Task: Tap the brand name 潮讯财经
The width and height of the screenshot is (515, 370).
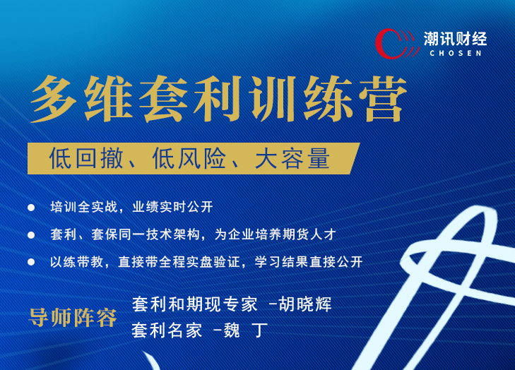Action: (x=455, y=37)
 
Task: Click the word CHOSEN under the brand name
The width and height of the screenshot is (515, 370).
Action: (x=455, y=53)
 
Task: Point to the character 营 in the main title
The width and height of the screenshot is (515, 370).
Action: (x=384, y=101)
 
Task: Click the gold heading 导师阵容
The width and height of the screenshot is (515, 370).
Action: (x=73, y=318)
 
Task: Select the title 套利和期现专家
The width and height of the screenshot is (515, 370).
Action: (x=194, y=304)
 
